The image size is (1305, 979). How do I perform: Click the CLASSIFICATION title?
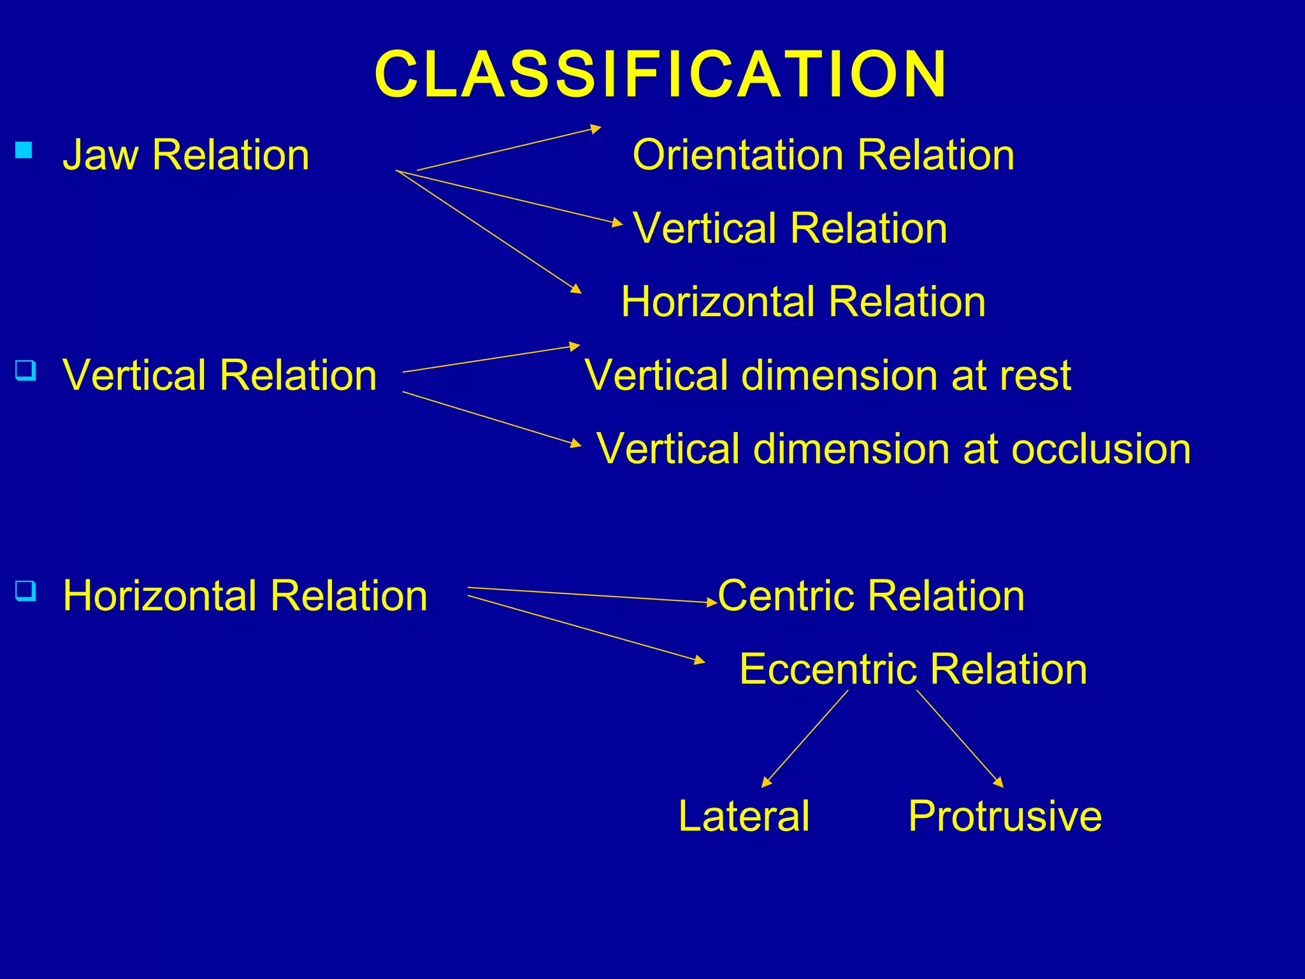click(660, 75)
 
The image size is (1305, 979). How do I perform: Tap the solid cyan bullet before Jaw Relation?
click(24, 150)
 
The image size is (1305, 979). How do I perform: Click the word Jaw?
click(100, 155)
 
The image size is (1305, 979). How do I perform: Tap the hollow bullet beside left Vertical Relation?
click(25, 370)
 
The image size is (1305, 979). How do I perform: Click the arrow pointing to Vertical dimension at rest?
click(491, 359)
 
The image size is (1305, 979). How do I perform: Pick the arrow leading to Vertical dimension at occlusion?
click(492, 418)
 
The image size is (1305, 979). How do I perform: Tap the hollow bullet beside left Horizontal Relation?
click(25, 591)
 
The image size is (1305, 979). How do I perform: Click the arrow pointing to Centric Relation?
click(593, 595)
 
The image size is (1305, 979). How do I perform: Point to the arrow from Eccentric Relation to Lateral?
click(805, 739)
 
